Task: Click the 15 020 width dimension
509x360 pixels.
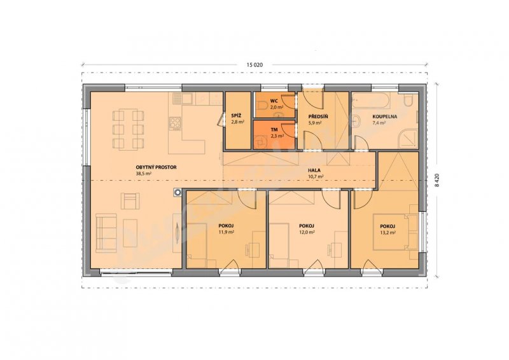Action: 254,65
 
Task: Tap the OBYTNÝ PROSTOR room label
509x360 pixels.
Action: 156,167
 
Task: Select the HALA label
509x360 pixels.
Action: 314,170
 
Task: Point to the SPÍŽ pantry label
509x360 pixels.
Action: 236,116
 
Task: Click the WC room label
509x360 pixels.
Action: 274,101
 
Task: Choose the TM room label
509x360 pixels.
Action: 274,129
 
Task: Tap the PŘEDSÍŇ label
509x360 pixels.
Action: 313,117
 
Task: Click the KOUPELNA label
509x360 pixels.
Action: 385,116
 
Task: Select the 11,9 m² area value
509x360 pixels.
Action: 227,232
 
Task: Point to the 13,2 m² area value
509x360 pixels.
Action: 387,232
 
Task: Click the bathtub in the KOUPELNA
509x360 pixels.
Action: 371,100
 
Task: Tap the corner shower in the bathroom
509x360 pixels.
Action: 408,139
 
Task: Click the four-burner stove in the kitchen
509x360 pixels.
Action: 175,123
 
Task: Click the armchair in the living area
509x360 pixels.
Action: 130,201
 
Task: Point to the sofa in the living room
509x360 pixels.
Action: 106,233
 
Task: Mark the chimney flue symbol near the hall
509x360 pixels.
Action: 178,193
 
